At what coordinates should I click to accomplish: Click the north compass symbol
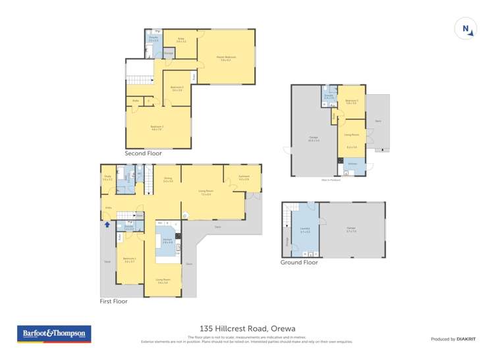(466, 28)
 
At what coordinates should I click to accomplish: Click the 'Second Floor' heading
(143, 153)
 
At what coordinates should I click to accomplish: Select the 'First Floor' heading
(114, 301)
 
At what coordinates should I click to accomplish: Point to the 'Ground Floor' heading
(299, 262)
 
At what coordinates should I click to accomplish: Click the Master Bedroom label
(226, 59)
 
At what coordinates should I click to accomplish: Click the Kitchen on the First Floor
(167, 242)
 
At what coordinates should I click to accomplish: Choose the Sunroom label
(244, 178)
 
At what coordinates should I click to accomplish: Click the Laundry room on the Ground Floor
(305, 231)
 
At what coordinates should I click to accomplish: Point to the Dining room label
(167, 180)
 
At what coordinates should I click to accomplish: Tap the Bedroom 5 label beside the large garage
(351, 102)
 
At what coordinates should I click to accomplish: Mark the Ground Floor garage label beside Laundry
(351, 230)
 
